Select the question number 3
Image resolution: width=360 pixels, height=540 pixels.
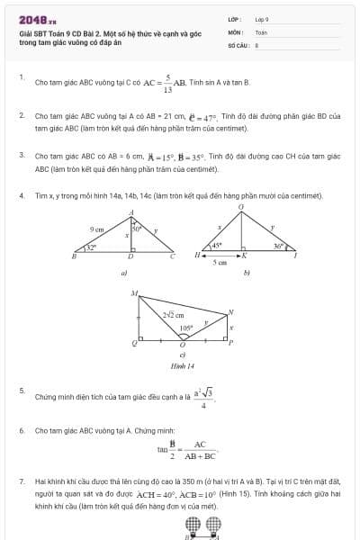22,154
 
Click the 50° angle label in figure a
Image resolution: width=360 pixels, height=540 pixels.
138,229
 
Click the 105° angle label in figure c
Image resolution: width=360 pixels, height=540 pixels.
184,328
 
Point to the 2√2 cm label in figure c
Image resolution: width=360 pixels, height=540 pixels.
173,315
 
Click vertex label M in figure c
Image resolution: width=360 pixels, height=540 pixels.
134,293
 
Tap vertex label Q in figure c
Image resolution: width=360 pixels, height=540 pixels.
136,343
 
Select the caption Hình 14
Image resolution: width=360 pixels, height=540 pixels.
183,366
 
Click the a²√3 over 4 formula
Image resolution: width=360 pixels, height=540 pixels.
203,397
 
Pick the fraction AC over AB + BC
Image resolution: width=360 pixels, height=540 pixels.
200,449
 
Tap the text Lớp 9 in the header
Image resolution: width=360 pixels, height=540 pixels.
262,19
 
